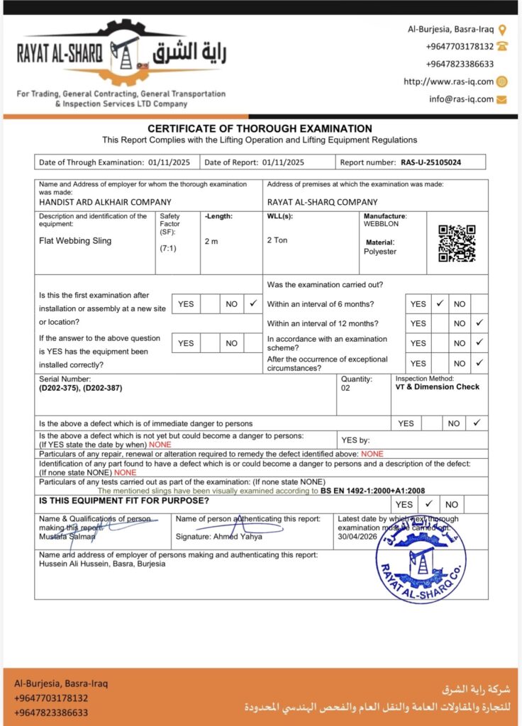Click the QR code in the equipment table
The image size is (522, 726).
(457, 243)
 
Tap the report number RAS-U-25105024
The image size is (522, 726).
(431, 162)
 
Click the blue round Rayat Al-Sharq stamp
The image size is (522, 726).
(421, 559)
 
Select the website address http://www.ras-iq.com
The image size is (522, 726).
(448, 82)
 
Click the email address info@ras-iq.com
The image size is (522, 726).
(461, 99)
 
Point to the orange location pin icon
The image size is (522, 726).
(502, 30)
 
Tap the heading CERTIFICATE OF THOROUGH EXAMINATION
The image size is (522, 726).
(260, 128)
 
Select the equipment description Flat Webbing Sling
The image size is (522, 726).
(75, 240)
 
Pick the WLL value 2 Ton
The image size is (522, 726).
(277, 240)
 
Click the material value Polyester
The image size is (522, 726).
(380, 252)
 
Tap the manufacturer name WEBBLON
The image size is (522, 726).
(382, 224)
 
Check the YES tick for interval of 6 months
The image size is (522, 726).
(440, 303)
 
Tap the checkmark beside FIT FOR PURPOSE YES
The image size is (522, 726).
(428, 505)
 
